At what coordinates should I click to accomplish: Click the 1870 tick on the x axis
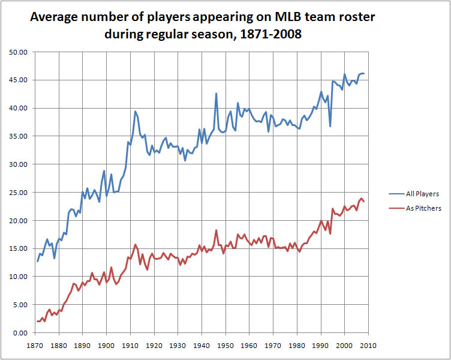[35, 346]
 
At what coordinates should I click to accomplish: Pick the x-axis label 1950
[225, 346]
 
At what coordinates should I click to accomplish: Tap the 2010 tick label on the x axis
[368, 346]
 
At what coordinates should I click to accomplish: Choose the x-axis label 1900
[106, 346]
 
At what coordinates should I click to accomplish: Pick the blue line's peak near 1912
[135, 112]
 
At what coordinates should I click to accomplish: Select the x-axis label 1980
[297, 346]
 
